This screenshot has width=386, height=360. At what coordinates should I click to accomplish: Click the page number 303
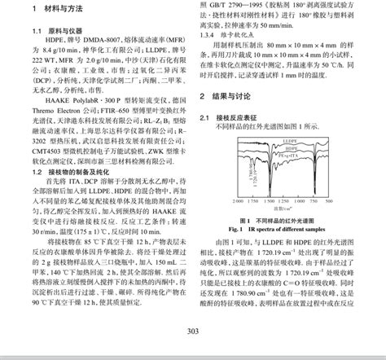click(x=193, y=331)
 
